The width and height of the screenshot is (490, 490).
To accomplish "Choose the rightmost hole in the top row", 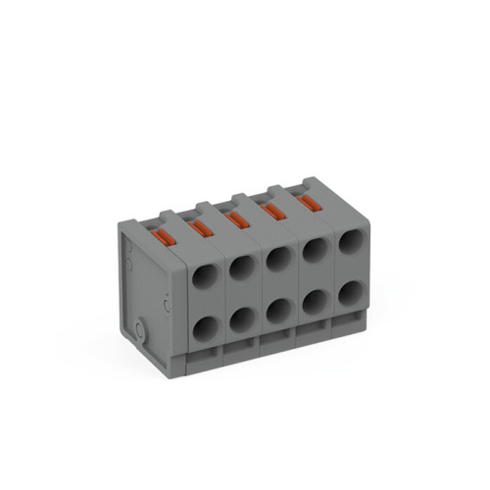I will (350, 244).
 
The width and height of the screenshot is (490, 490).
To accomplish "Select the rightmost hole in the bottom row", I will (350, 292).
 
